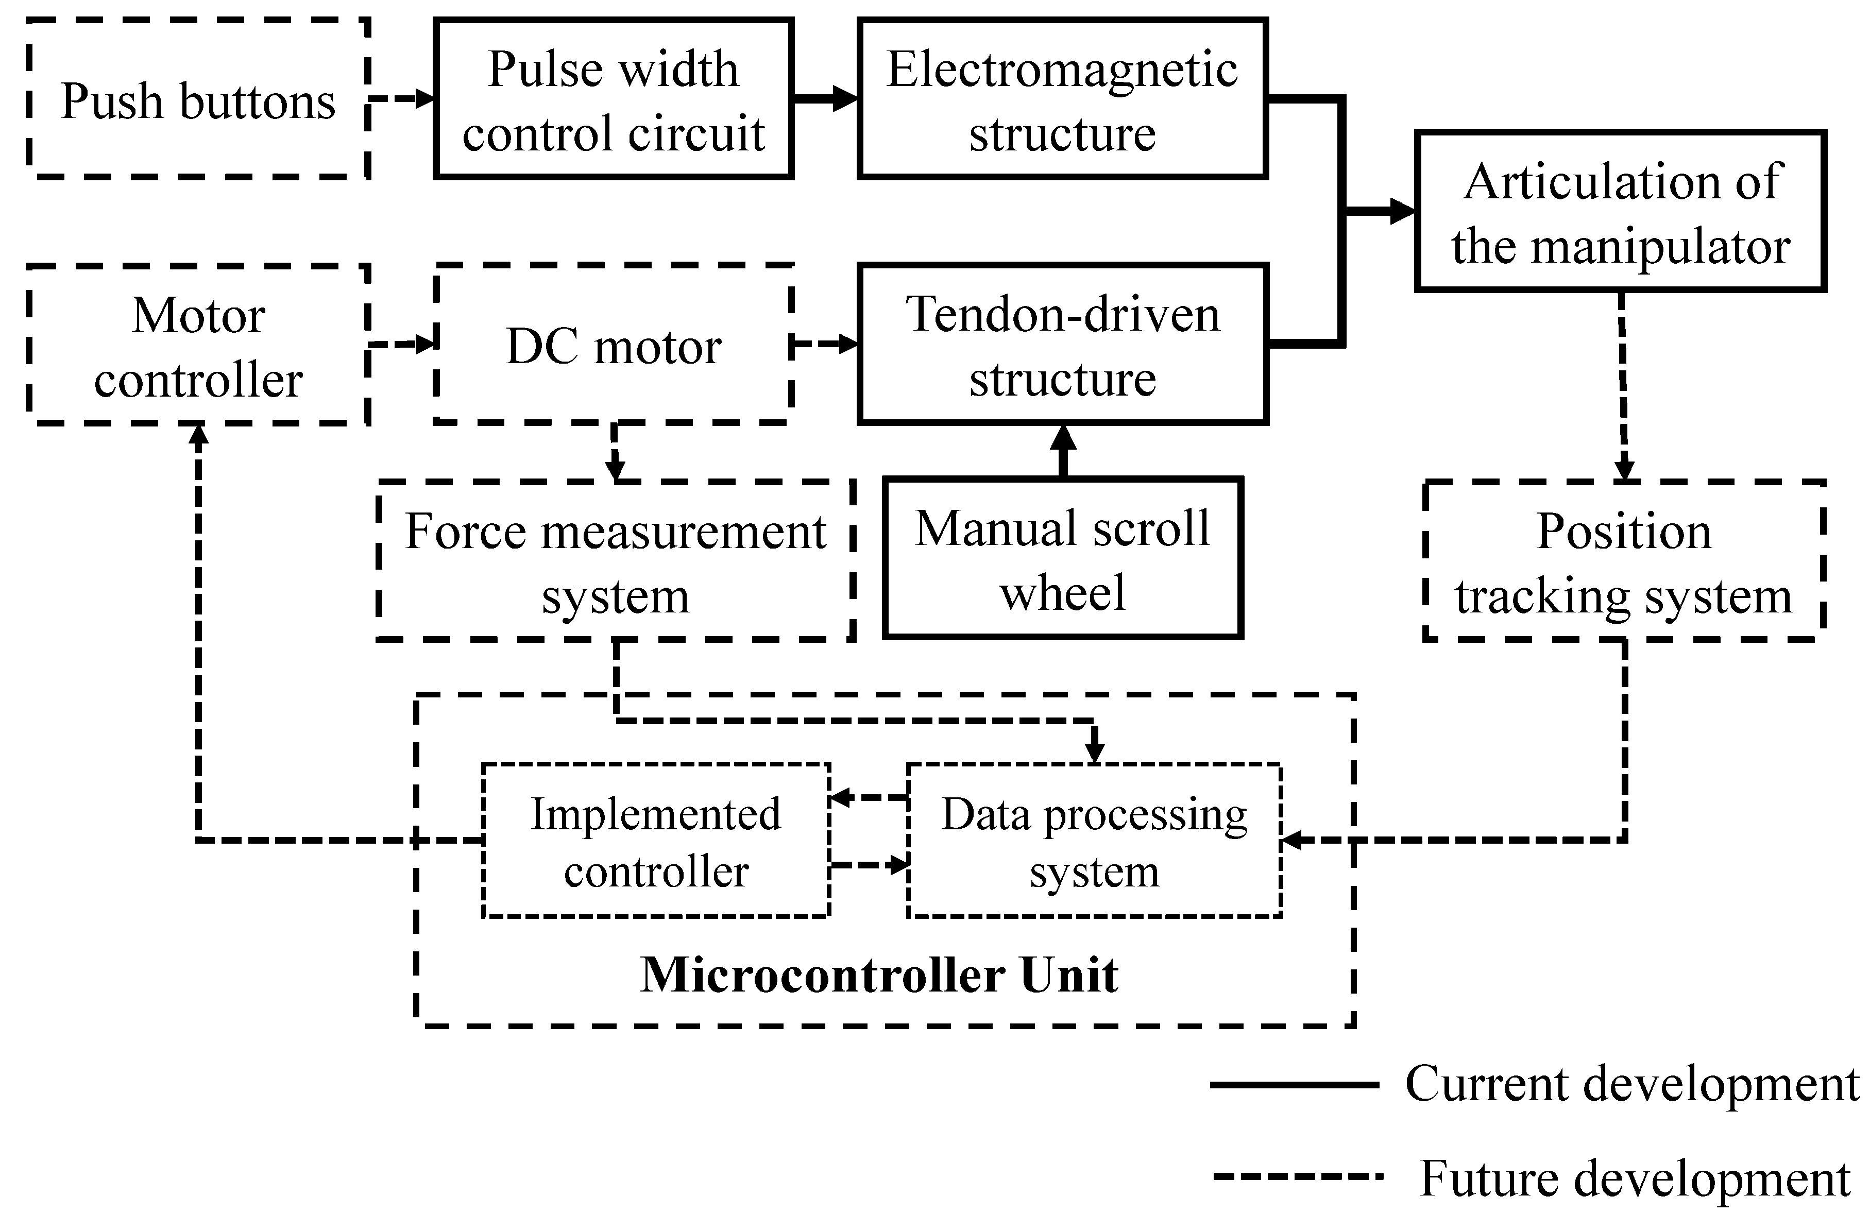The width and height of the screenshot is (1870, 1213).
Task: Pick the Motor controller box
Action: pos(198,346)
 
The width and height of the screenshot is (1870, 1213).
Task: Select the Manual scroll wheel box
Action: pos(1062,558)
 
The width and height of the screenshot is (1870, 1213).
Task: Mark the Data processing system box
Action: pos(1094,841)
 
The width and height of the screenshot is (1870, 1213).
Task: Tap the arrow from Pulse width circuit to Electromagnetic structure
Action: pos(825,99)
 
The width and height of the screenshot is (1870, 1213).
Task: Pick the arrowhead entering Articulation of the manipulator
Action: pos(1402,211)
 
